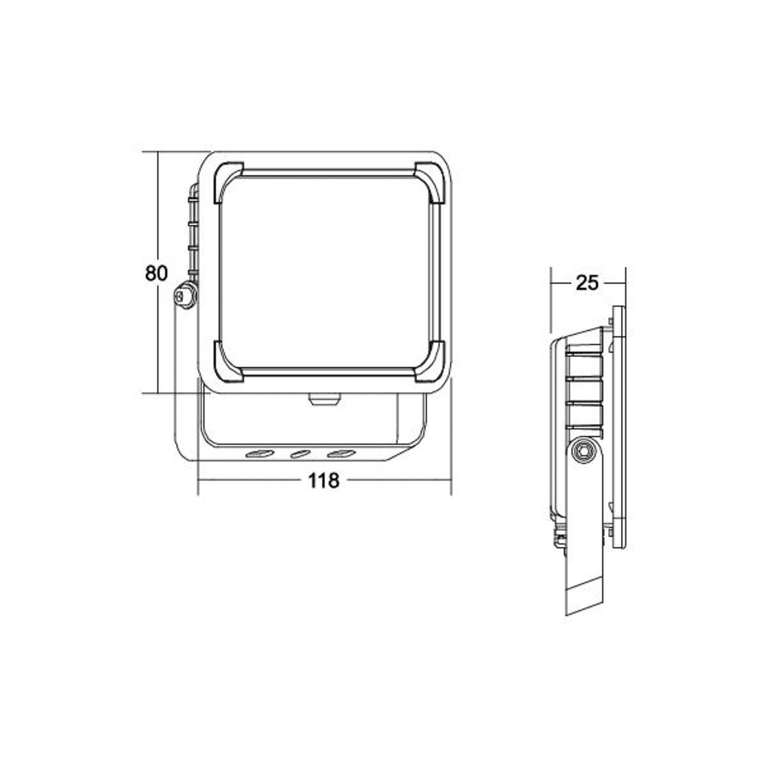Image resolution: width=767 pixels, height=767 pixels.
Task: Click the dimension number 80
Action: [156, 273]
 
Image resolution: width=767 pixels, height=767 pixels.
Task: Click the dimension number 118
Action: [323, 481]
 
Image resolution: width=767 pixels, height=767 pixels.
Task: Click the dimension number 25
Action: [586, 283]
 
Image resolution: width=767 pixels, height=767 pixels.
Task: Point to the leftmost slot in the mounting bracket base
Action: [259, 454]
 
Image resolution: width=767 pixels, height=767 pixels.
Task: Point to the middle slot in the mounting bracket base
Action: [300, 454]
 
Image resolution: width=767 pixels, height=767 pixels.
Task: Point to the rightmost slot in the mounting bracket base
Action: [341, 454]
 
